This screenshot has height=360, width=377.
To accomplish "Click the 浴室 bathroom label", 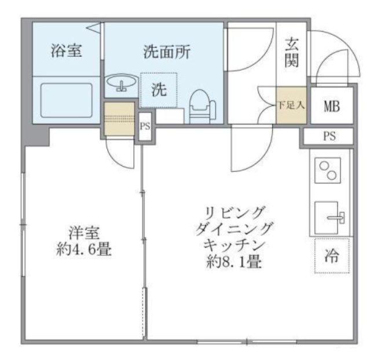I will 65,51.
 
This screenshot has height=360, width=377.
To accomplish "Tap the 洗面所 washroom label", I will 167,52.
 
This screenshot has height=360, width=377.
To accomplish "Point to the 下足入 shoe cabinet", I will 290,105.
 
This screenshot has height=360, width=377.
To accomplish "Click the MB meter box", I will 331,106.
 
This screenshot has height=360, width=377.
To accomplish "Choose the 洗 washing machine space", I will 158,90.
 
